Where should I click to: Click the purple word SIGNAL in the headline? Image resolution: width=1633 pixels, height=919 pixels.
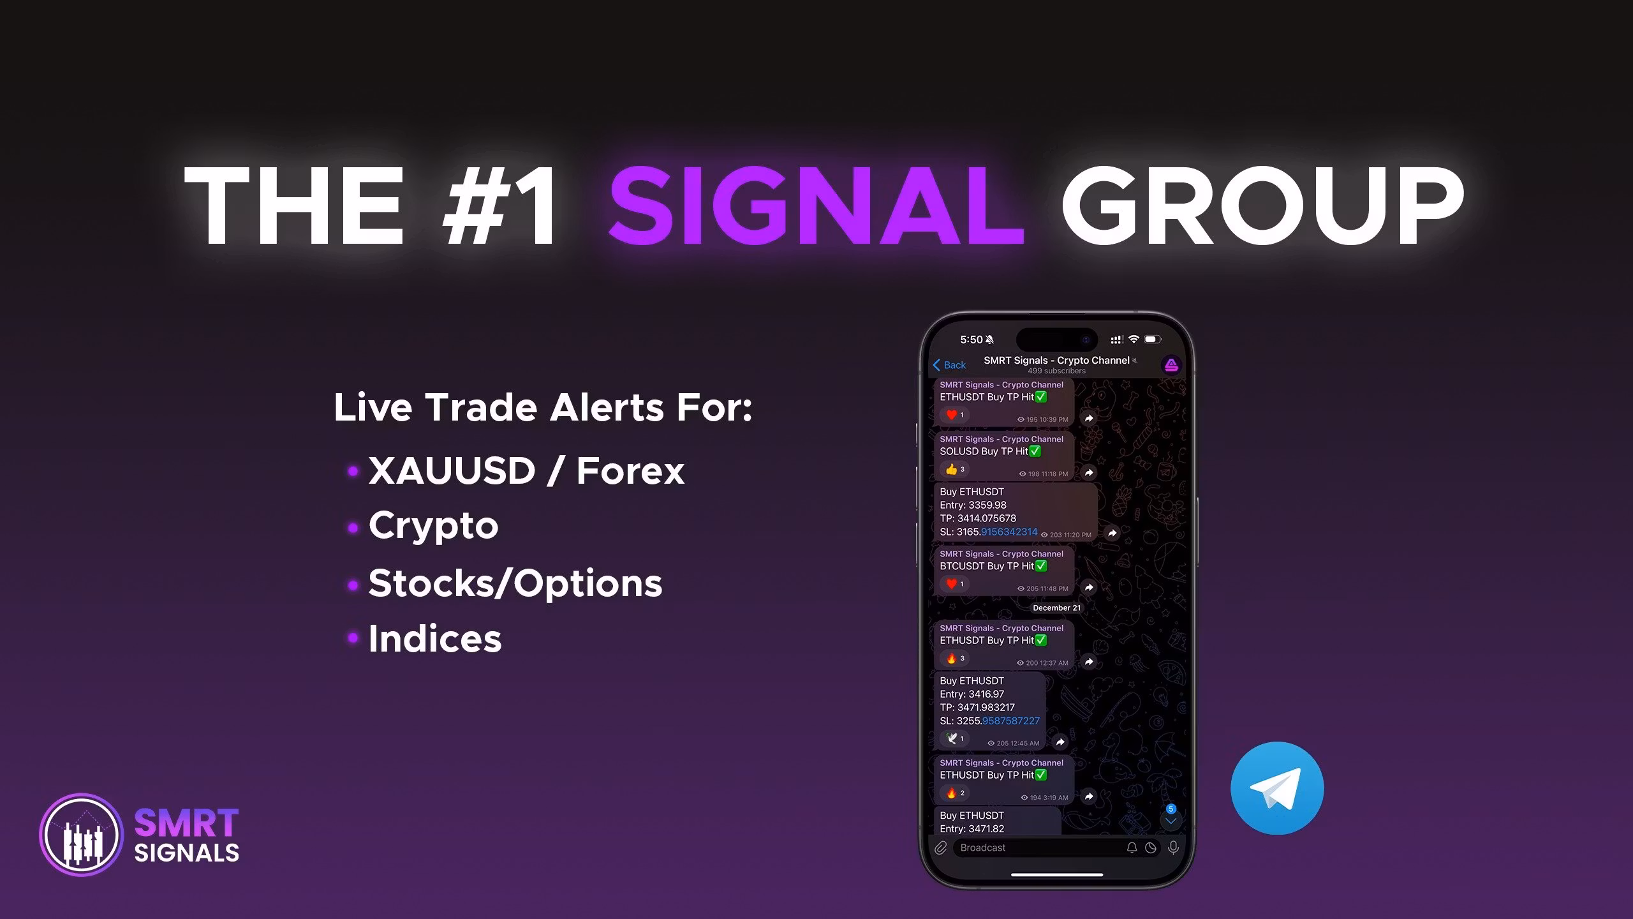pyautogui.click(x=816, y=205)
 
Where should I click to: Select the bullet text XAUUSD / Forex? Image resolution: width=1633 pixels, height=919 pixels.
pyautogui.click(x=526, y=471)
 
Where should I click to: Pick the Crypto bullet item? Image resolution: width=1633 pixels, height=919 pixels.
pyautogui.click(x=433, y=527)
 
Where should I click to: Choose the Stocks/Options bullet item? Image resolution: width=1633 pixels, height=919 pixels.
pyautogui.click(x=515, y=583)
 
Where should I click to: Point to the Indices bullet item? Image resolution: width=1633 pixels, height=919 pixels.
pyautogui.click(x=435, y=638)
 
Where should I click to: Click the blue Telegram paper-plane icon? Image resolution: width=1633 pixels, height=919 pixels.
pyautogui.click(x=1277, y=788)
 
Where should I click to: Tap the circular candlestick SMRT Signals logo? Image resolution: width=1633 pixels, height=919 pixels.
pyautogui.click(x=81, y=835)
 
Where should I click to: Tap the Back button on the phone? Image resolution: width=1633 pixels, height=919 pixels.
pyautogui.click(x=949, y=365)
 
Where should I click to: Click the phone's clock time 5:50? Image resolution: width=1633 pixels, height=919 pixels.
pyautogui.click(x=972, y=340)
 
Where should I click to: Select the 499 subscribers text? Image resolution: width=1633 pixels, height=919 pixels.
pyautogui.click(x=1056, y=371)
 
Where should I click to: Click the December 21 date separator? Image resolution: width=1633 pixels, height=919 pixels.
pyautogui.click(x=1056, y=608)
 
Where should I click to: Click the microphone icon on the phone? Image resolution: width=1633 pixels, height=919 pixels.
pyautogui.click(x=1173, y=848)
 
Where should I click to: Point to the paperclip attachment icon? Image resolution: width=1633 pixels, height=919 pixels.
pyautogui.click(x=940, y=848)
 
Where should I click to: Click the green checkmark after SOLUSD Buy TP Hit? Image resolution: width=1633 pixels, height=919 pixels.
pyautogui.click(x=1035, y=451)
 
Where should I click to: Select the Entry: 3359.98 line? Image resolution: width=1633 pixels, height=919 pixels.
pyautogui.click(x=973, y=505)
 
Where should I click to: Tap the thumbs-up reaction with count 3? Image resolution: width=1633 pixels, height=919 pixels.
pyautogui.click(x=954, y=470)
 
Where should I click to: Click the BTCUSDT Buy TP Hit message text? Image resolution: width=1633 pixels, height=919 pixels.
pyautogui.click(x=987, y=566)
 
